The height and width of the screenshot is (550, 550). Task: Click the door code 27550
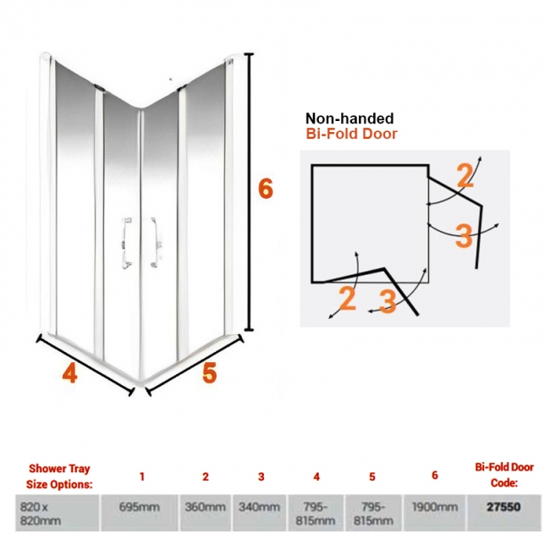503,507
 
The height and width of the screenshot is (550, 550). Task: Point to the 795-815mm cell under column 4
315,514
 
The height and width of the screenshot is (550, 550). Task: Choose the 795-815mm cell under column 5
373,514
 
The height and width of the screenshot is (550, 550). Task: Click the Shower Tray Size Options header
59,476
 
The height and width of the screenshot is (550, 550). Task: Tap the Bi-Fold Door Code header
504,475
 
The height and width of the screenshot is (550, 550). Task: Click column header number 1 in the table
141,476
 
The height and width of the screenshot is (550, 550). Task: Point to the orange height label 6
265,189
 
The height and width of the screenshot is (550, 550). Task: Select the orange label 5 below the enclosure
209,372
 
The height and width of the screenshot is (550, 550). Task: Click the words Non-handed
349,118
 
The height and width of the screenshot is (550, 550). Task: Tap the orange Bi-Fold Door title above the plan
351,134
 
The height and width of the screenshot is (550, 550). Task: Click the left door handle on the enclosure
126,243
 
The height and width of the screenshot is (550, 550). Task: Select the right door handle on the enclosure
155,242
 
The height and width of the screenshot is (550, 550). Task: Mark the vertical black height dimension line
249,192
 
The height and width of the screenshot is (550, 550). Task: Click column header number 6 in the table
435,476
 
